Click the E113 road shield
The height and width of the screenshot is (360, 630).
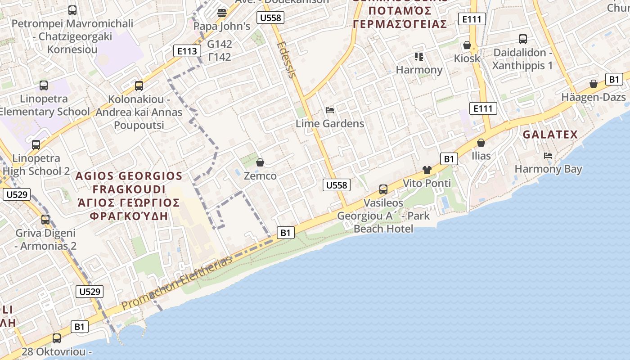point(187,51)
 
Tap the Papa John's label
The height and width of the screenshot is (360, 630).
point(221,26)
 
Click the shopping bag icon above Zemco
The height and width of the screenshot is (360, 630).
point(260,162)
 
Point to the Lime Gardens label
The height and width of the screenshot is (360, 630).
point(330,123)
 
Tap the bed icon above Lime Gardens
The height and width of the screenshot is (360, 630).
point(330,110)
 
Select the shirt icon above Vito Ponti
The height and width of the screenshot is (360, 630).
point(427,170)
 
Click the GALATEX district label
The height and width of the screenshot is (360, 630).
point(550,135)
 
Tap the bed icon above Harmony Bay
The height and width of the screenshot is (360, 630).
point(548,156)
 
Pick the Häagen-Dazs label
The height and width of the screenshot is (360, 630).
point(594,97)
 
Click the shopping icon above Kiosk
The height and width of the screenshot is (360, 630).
point(467,45)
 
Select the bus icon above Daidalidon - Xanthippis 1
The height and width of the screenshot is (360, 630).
point(522,39)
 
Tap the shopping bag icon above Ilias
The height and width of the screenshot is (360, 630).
point(481,143)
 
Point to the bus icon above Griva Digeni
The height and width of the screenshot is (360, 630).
point(45,220)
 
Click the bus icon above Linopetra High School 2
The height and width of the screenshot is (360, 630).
point(36,145)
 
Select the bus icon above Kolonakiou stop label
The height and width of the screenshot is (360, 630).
point(139,85)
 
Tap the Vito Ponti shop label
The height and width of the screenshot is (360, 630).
point(427,183)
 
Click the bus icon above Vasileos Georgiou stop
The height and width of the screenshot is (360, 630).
point(383,189)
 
